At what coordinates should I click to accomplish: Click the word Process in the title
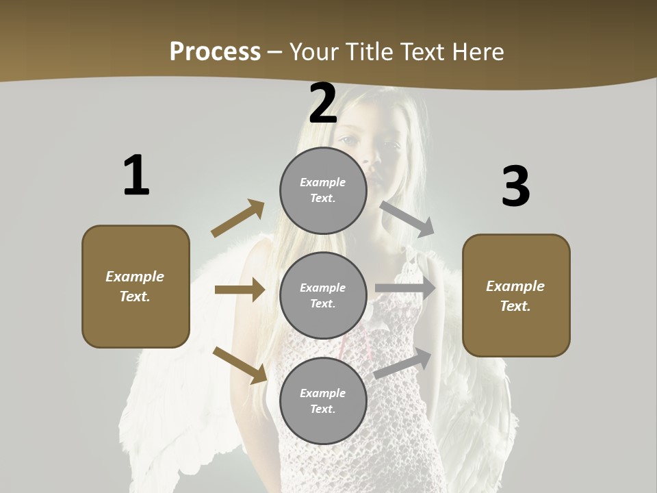click(215, 51)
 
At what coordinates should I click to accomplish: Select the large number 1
click(136, 175)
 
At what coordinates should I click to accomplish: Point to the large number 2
click(322, 103)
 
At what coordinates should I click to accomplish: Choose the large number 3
click(515, 187)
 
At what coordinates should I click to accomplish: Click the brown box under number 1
click(136, 286)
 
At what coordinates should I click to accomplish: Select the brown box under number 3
click(516, 295)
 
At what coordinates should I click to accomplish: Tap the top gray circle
click(323, 190)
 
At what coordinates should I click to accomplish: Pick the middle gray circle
click(323, 295)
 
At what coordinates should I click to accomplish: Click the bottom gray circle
click(323, 401)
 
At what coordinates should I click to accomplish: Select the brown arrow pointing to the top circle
click(238, 218)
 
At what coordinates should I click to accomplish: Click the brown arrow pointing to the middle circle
click(240, 290)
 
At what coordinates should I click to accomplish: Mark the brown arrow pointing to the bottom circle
click(240, 365)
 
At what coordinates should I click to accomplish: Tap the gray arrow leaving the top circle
click(407, 218)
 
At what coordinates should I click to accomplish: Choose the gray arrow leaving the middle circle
click(405, 288)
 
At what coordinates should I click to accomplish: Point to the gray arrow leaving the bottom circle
click(403, 364)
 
